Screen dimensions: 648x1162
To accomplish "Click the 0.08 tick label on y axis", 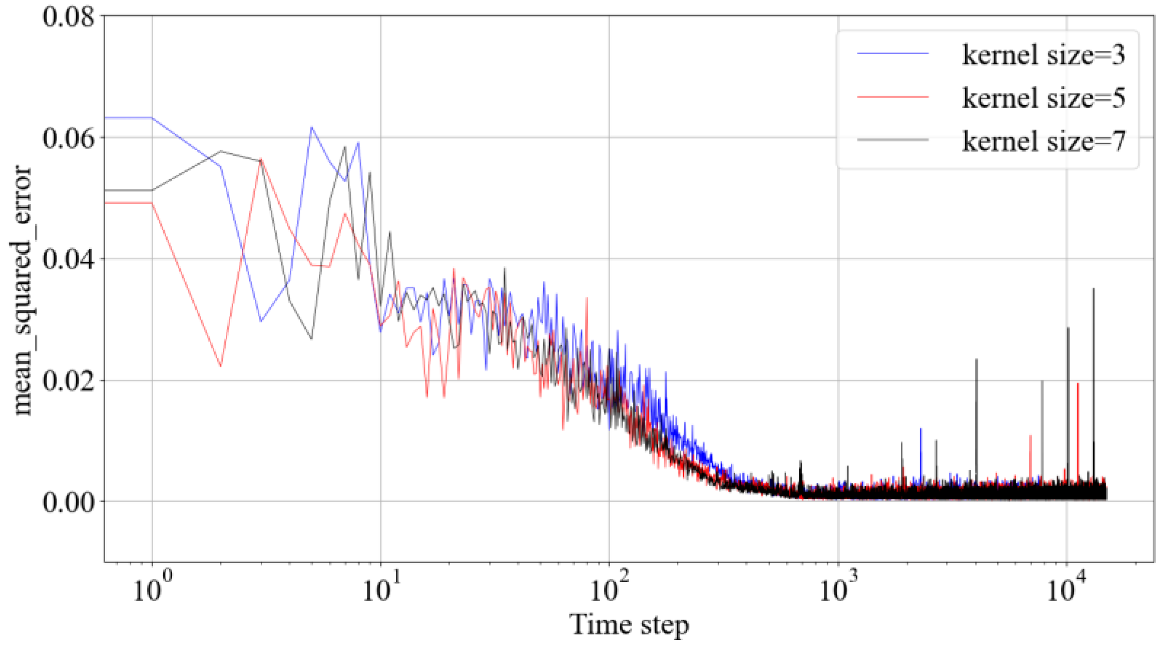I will point(68,17).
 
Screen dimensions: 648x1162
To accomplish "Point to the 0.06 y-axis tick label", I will point(68,139).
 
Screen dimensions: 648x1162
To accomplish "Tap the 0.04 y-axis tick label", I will point(68,260).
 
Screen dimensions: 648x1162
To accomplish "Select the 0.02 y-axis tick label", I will point(68,381).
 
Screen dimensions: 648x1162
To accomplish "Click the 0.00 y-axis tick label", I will point(68,502).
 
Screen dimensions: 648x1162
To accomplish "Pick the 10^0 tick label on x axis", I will point(152,589).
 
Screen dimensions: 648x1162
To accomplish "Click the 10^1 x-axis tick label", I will point(381,589).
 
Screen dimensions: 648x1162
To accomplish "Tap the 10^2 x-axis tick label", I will point(610,589).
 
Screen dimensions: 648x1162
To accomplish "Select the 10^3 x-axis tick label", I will point(838,589).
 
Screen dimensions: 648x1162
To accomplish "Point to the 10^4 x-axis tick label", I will point(1067,589).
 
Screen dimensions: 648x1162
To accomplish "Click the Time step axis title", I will point(628,625).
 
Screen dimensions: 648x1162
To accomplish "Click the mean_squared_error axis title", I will point(22,291).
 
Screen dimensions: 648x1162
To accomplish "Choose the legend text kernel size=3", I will point(1043,54).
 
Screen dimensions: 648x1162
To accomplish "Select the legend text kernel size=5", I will point(1043,98).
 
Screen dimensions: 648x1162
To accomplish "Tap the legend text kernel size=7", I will point(1043,141).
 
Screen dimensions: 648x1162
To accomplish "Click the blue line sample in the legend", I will point(893,53).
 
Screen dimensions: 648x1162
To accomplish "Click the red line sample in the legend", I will point(893,97).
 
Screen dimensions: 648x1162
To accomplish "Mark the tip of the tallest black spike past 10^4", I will point(1093,289).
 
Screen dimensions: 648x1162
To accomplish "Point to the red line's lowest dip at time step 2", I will point(221,366).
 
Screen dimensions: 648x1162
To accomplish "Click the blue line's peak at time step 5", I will point(312,127).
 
